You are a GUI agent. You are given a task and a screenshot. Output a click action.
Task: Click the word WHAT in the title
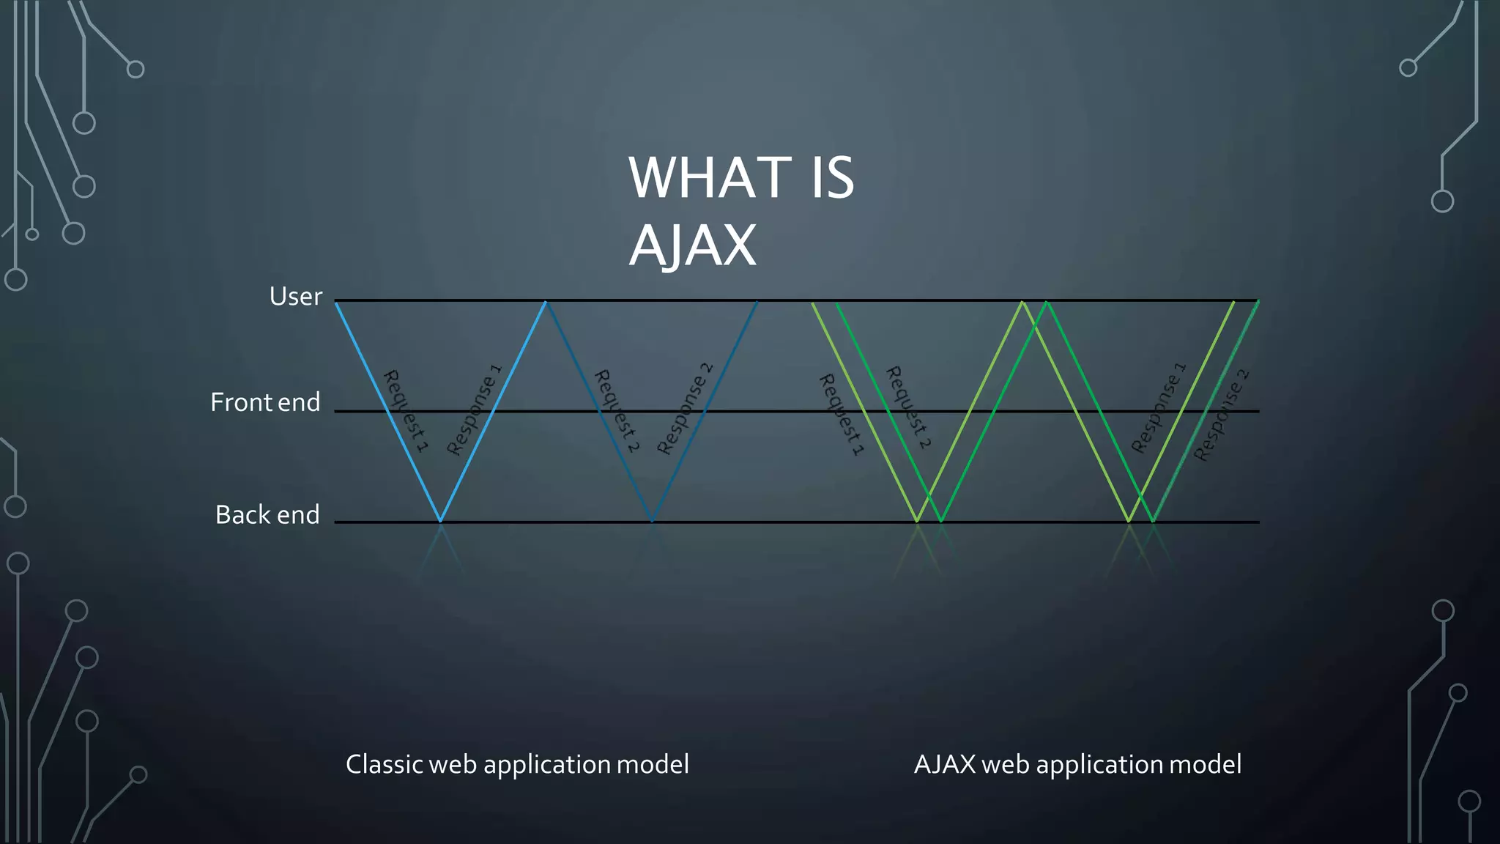[x=710, y=178]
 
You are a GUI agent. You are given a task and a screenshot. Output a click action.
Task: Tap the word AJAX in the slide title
[x=692, y=245]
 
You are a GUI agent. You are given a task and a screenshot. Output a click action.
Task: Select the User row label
[x=295, y=297]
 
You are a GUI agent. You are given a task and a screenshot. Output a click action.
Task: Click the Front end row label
[x=265, y=402]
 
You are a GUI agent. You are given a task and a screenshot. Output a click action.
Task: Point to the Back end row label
[x=267, y=515]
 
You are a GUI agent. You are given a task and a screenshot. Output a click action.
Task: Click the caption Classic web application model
[x=517, y=764]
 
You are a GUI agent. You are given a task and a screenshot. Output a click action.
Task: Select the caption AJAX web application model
[x=1077, y=764]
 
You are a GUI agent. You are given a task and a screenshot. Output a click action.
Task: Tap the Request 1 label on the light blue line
[x=405, y=411]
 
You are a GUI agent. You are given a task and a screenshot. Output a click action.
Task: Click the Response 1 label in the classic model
[x=474, y=410]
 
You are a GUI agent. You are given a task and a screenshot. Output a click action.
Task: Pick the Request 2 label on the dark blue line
[x=617, y=411]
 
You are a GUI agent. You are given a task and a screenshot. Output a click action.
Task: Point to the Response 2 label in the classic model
[x=684, y=409]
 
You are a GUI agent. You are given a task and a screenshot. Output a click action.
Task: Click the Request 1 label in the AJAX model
[x=841, y=415]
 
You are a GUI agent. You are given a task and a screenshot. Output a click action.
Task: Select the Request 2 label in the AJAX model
[x=908, y=407]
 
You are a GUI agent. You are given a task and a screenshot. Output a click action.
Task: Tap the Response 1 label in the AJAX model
[x=1158, y=408]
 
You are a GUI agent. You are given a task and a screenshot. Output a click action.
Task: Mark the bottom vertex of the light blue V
[x=440, y=521]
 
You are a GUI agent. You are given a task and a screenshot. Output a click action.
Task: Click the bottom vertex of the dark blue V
[x=652, y=521]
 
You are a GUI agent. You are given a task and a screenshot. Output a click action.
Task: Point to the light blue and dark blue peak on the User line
[x=546, y=301]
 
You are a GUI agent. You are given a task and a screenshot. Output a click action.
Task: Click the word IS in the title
[x=833, y=178]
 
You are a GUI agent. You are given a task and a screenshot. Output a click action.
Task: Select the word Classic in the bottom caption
[x=384, y=764]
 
